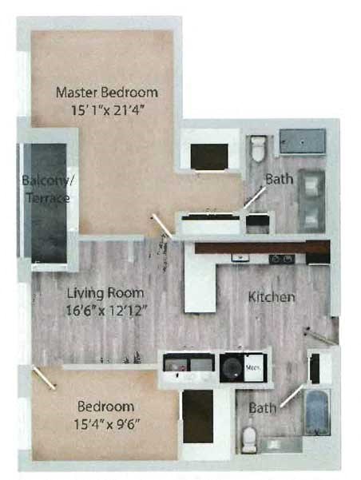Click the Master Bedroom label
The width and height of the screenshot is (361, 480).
click(106, 92)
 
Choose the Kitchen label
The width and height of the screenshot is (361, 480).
click(272, 297)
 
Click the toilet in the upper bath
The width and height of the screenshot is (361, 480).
click(257, 149)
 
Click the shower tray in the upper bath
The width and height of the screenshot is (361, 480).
click(302, 142)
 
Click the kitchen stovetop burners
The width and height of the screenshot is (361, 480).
click(281, 258)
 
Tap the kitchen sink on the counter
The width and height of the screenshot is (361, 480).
click(239, 257)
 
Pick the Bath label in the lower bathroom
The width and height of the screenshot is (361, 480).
click(262, 408)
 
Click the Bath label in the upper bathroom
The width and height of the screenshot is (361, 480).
click(279, 180)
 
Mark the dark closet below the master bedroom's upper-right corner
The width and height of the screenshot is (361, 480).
click(210, 155)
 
